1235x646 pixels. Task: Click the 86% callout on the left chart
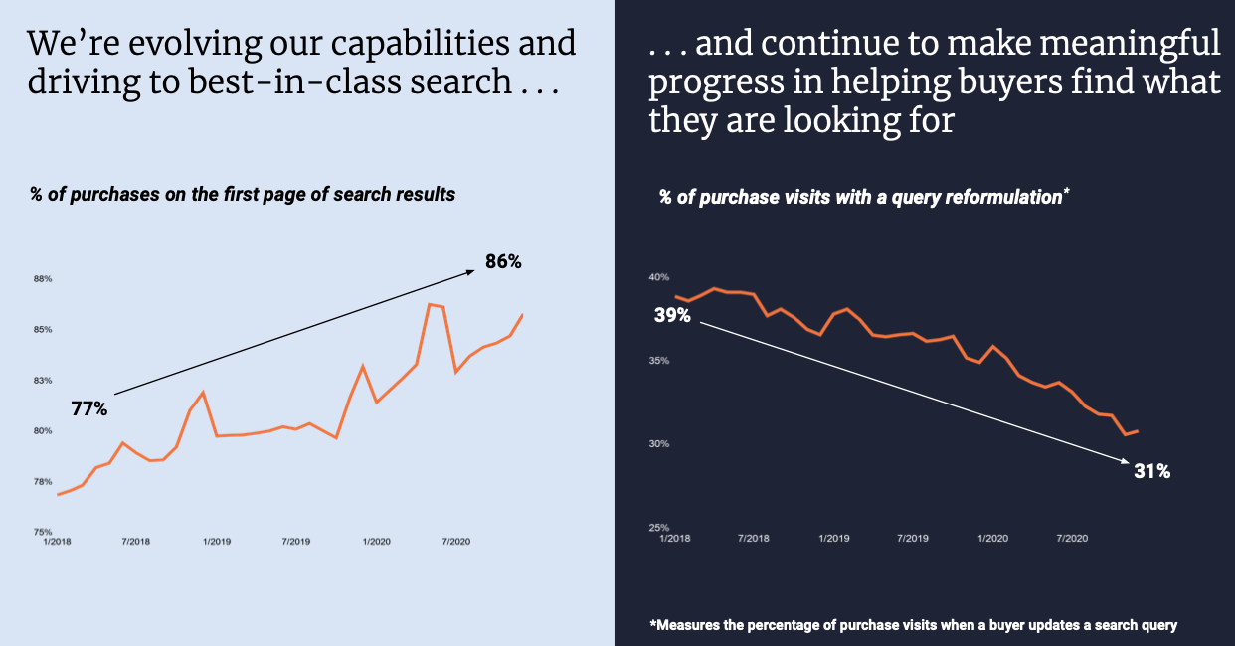coord(503,262)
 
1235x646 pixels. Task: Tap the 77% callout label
coord(89,408)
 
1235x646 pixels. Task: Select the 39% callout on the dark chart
coord(672,316)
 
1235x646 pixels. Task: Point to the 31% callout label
coord(1152,471)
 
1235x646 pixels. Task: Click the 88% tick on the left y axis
coord(43,279)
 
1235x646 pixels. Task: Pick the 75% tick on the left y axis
coord(43,532)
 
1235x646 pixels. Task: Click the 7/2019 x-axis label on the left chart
coord(296,542)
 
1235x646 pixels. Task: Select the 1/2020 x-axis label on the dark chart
coord(992,538)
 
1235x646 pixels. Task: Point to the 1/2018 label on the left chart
coord(57,542)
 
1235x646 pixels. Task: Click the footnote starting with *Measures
coord(913,625)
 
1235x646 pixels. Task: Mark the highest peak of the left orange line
coord(430,304)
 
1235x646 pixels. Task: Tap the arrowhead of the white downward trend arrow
coord(1127,461)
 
